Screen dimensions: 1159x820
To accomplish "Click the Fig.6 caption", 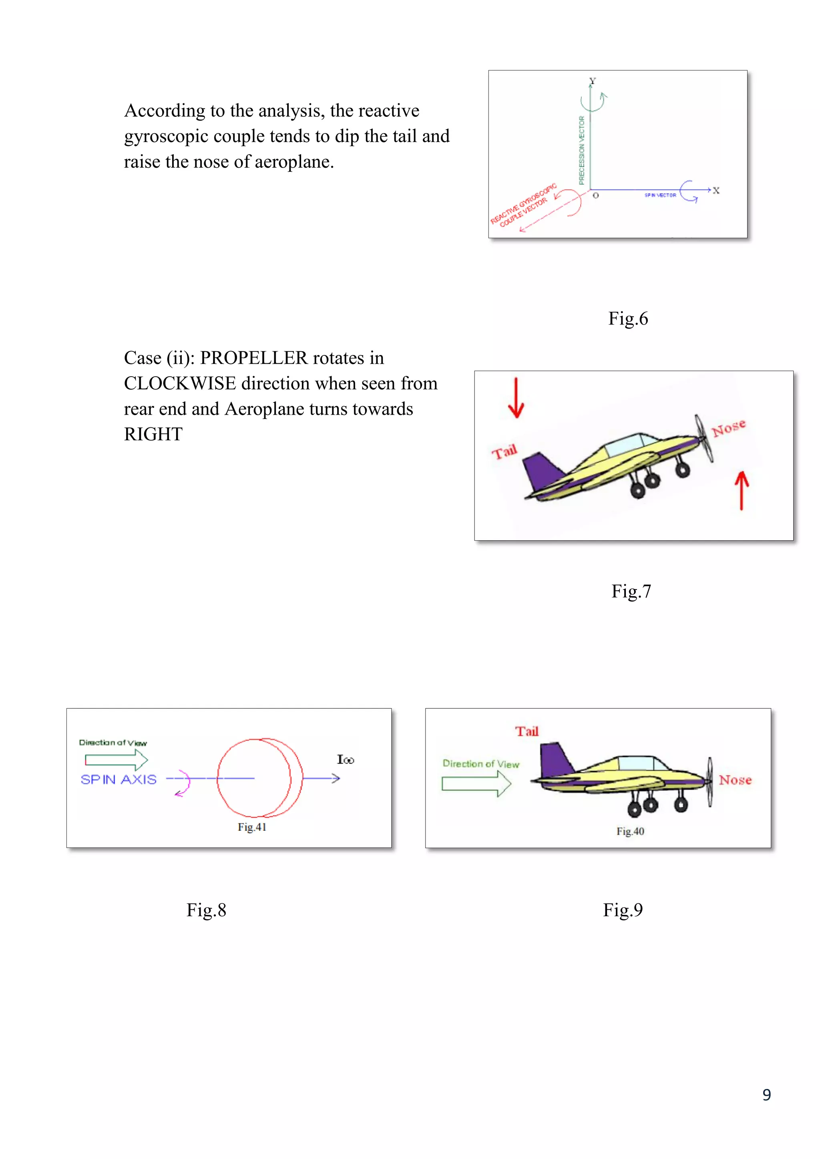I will point(628,319).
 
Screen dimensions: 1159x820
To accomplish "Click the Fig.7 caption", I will point(631,591).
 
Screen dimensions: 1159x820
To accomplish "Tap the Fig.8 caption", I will point(206,910).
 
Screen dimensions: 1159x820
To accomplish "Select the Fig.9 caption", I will point(623,910).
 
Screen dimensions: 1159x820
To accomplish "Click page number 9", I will point(766,1095).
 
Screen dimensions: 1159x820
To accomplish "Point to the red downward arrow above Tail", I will point(516,398).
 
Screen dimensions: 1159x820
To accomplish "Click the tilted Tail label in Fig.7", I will point(504,451).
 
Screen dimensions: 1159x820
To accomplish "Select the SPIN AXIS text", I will point(119,779).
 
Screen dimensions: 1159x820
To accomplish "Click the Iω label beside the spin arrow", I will point(346,760).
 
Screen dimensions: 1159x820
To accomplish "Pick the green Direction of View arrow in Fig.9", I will point(476,784).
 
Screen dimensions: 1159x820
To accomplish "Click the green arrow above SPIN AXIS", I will point(116,760).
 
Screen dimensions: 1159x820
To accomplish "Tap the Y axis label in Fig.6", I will point(592,81).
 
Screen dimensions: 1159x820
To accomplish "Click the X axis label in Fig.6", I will point(715,191).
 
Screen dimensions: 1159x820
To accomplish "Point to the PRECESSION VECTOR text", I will point(581,150).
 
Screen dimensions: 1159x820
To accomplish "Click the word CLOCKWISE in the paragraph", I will point(180,384).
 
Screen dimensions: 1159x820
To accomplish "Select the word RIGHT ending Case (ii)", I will point(153,435).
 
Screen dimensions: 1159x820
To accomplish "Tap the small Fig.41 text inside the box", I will point(251,827).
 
